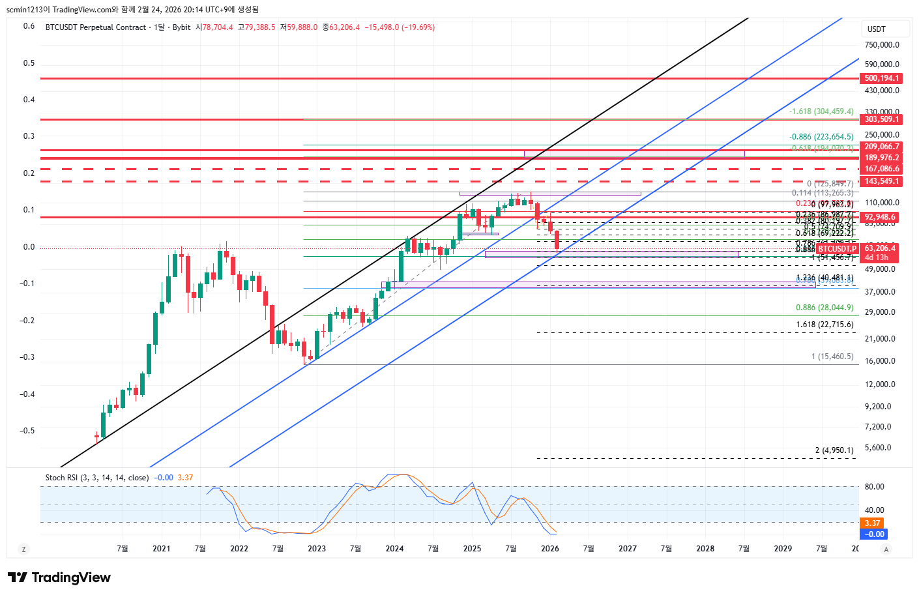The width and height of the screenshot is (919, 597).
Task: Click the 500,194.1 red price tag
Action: (881, 78)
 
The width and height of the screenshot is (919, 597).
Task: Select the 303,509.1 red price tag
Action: (881, 119)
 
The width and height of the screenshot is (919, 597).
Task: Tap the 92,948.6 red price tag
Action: (880, 217)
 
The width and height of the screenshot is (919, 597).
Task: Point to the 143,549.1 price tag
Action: (881, 181)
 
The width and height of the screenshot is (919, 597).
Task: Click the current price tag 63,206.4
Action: (880, 248)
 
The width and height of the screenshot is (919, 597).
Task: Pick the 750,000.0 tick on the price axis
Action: (882, 45)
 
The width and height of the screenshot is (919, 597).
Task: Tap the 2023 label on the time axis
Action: (317, 548)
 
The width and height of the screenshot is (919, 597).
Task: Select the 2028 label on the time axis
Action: (705, 548)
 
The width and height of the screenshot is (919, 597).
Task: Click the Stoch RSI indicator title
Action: (96, 478)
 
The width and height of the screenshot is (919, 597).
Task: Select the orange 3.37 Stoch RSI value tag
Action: (872, 523)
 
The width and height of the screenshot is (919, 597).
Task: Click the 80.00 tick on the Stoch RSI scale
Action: (874, 487)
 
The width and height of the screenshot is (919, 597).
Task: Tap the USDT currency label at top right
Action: (877, 29)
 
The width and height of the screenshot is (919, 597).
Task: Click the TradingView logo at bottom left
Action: (59, 577)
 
